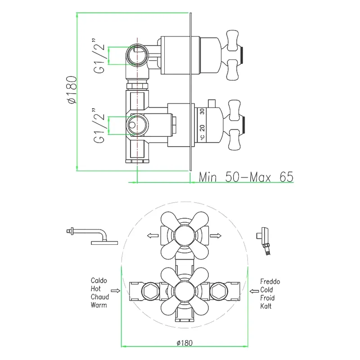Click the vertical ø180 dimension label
(72, 90)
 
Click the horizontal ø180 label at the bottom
(184, 343)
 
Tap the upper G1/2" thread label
(99, 55)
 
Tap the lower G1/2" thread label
(99, 126)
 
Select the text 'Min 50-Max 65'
(246, 177)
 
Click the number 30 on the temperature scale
(202, 112)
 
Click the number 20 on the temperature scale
(202, 128)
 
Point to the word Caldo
(99, 280)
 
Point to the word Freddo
(270, 282)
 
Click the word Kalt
(265, 306)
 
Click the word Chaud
(99, 297)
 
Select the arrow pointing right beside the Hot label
(116, 291)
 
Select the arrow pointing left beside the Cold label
(254, 291)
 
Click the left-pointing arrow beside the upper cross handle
(153, 235)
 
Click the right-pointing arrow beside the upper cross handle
(216, 235)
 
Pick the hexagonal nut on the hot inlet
(151, 291)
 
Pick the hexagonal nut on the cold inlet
(219, 291)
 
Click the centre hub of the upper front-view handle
(184, 235)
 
